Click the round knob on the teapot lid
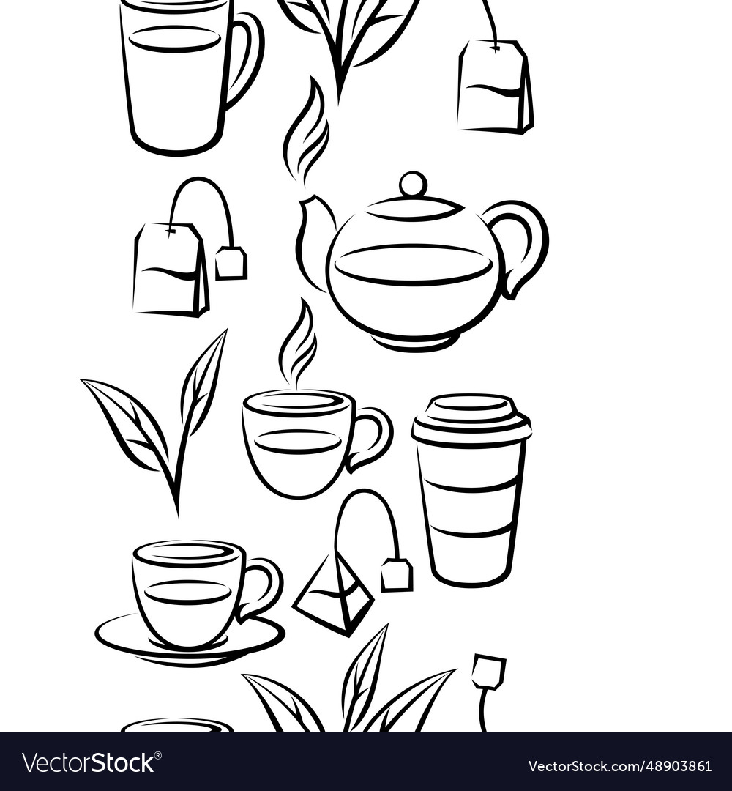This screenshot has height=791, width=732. [x=413, y=183]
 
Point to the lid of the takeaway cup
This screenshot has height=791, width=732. [x=471, y=417]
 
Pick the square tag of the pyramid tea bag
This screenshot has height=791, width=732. [x=396, y=575]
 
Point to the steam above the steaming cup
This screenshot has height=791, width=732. [x=296, y=344]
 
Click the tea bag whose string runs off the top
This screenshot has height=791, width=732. [x=495, y=88]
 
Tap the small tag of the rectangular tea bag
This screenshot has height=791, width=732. [x=231, y=263]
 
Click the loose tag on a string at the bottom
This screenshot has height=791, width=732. [x=488, y=671]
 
